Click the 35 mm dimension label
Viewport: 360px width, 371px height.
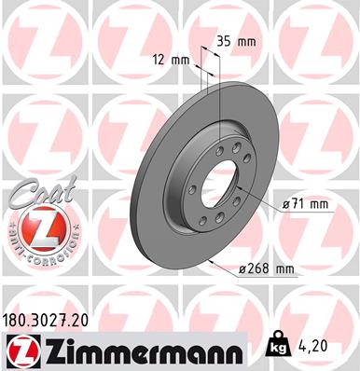tap(238, 41)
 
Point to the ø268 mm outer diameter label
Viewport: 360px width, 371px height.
tap(265, 269)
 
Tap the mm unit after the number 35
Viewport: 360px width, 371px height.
tap(247, 41)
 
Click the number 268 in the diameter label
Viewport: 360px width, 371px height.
tap(256, 269)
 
